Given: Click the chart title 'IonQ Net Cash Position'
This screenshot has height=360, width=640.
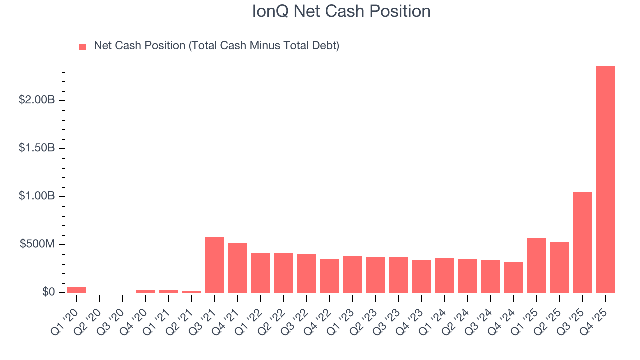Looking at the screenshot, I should click(x=341, y=11).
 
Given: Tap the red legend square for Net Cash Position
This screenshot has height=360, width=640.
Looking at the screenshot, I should click(x=83, y=46).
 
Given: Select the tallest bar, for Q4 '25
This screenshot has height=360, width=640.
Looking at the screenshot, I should click(x=606, y=179).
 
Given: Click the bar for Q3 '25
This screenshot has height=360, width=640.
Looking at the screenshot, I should click(x=583, y=242).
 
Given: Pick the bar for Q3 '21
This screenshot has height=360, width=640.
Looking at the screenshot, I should click(x=215, y=265).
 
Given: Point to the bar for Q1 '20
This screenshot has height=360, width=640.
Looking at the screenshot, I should click(x=77, y=290).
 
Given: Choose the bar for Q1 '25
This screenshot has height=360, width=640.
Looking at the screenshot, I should click(x=537, y=265).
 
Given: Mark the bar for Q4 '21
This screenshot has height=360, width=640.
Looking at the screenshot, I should click(x=238, y=268).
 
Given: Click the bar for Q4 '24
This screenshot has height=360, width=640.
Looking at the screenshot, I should click(x=514, y=277).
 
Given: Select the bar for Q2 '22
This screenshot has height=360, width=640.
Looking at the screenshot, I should click(x=284, y=273).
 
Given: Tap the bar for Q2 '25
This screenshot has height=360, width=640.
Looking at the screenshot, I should click(x=560, y=267).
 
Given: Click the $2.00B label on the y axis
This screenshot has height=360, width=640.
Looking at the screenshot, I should click(x=37, y=100).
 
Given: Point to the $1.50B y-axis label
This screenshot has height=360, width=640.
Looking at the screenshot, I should click(x=37, y=148).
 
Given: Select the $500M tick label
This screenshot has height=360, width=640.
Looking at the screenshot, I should click(x=37, y=244).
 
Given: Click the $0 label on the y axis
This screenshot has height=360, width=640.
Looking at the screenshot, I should click(x=48, y=292).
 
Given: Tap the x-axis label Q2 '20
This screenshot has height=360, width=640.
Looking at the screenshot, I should click(x=91, y=312).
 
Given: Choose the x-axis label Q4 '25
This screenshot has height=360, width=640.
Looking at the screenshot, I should click(x=597, y=312).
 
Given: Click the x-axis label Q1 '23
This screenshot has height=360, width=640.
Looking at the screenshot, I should click(x=344, y=312).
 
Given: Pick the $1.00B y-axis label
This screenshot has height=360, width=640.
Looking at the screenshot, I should click(x=37, y=196).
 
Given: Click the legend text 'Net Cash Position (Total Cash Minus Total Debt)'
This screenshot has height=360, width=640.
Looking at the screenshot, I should click(x=216, y=46).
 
